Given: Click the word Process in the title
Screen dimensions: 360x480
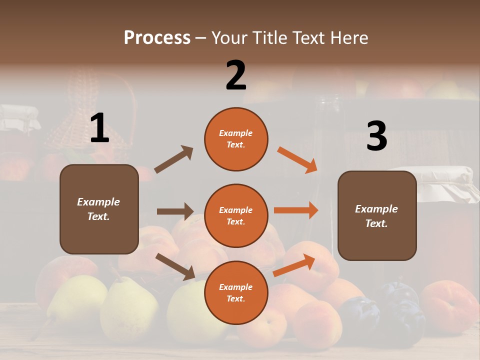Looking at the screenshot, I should pyautogui.click(x=157, y=37).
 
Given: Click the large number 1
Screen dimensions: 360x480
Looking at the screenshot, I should pyautogui.click(x=99, y=128).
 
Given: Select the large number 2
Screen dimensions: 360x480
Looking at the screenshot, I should pyautogui.click(x=236, y=75).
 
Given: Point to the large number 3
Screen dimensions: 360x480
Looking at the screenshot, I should pyautogui.click(x=376, y=136).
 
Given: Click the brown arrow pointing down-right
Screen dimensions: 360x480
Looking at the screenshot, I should pyautogui.click(x=175, y=266).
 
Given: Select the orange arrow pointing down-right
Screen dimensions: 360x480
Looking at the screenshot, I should pyautogui.click(x=297, y=159).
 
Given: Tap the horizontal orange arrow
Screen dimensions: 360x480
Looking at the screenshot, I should pyautogui.click(x=296, y=210).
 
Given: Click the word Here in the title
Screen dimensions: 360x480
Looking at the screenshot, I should pyautogui.click(x=348, y=37).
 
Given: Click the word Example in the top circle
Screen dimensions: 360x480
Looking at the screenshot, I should pyautogui.click(x=236, y=133).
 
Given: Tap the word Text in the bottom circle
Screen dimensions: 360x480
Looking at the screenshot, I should pyautogui.click(x=235, y=298).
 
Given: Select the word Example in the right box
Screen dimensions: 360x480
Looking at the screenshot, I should pyautogui.click(x=376, y=209).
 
